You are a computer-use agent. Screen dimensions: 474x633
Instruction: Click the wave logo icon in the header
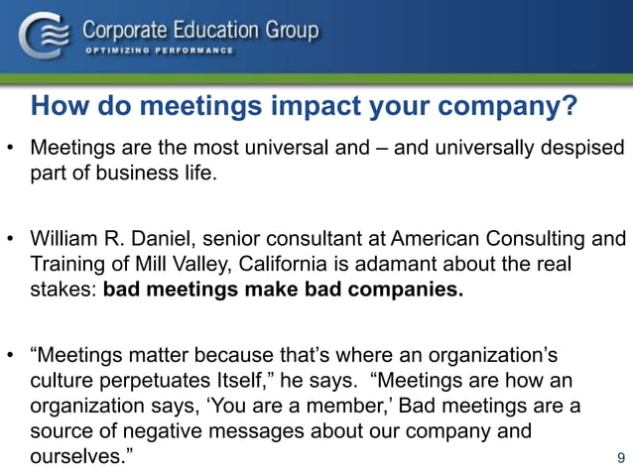click(41, 37)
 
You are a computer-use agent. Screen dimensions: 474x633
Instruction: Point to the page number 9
click(621, 457)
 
